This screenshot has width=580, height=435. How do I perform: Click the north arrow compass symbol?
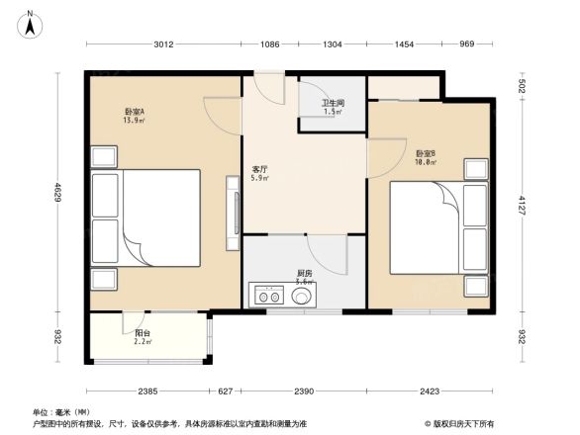coord(32,21)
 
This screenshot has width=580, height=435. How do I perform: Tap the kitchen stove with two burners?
coord(266,294)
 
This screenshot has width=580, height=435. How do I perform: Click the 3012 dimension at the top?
coord(163,44)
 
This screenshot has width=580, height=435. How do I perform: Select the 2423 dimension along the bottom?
coord(429,391)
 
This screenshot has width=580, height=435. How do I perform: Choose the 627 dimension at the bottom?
coord(226,391)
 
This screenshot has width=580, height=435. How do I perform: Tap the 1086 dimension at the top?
coord(270,44)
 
